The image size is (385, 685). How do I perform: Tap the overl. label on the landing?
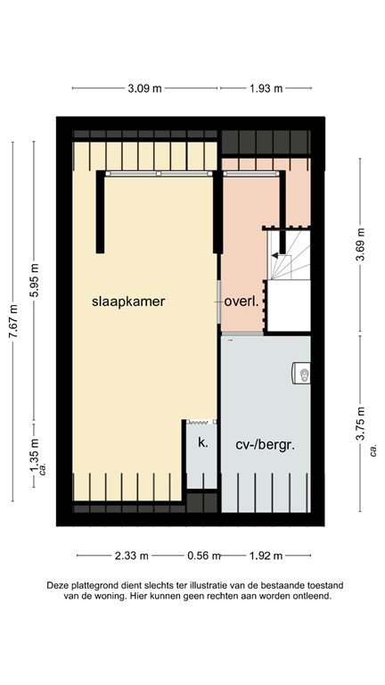[242, 301]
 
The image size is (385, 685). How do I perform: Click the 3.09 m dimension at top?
[144, 88]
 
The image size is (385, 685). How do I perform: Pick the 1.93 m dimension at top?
[265, 88]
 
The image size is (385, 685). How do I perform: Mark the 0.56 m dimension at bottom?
[203, 556]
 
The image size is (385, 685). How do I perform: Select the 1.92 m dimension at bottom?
[264, 556]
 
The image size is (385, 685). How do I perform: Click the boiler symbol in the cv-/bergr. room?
[303, 374]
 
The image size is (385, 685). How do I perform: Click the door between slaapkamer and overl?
[219, 301]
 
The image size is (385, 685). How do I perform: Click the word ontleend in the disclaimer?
[312, 597]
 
